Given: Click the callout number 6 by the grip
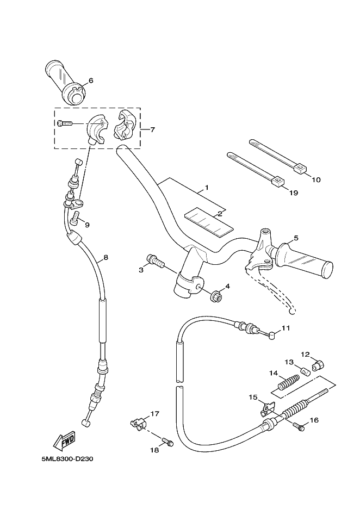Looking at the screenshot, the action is click(91, 80).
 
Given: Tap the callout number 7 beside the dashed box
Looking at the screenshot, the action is click(152, 130).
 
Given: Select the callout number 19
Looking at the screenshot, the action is click(294, 193).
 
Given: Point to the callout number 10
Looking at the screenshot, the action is click(316, 179).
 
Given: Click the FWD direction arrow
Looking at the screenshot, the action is click(64, 440).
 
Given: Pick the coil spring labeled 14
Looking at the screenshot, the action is click(287, 383).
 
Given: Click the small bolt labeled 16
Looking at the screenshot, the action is click(299, 426).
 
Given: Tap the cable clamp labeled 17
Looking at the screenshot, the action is click(138, 424).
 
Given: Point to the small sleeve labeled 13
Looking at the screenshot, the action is click(305, 371).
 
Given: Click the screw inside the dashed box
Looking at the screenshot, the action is click(65, 123).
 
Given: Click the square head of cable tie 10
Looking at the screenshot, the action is click(300, 168).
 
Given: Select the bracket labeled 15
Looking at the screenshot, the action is click(267, 408).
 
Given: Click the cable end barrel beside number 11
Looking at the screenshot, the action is click(272, 334).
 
